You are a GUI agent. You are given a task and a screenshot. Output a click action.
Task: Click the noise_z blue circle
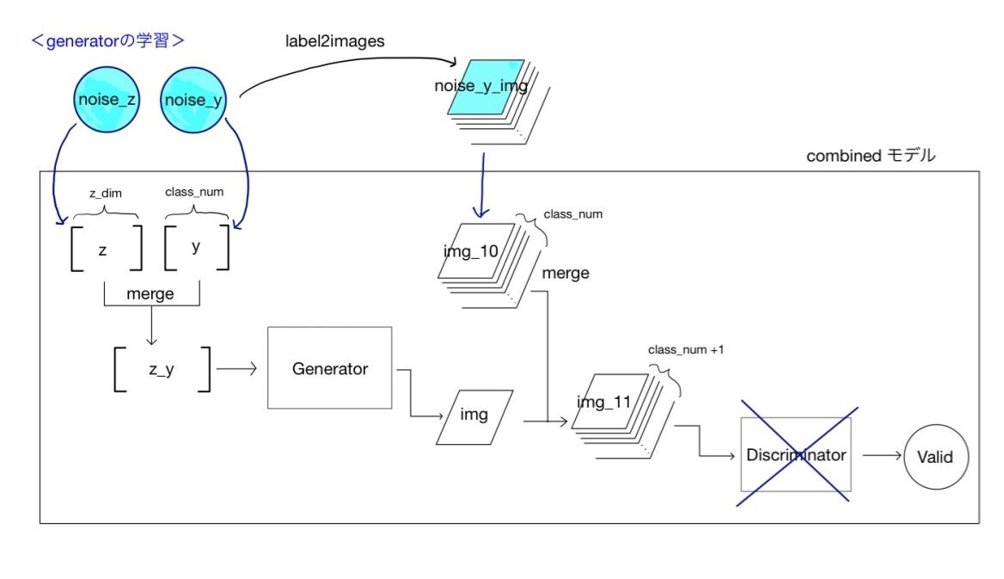(x=106, y=101)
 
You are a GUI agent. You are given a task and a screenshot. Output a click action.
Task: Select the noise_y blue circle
(x=193, y=101)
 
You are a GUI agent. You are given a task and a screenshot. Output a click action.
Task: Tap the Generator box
(x=330, y=368)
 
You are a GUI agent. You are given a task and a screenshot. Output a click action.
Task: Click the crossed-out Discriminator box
(x=795, y=454)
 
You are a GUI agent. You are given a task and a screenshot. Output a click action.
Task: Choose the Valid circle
(x=935, y=456)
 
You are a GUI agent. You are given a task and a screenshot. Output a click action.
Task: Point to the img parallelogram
(x=474, y=416)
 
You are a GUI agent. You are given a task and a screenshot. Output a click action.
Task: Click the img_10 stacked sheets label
(x=470, y=250)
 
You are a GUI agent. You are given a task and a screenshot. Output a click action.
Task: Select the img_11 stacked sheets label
(x=603, y=402)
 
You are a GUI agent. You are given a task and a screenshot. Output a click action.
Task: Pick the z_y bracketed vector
(x=162, y=370)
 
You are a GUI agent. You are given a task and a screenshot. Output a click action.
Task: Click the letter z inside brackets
(x=103, y=249)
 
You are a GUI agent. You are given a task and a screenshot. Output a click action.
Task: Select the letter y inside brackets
(x=196, y=247)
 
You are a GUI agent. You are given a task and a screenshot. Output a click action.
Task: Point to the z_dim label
(x=107, y=194)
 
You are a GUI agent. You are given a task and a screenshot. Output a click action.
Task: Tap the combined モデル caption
(x=870, y=156)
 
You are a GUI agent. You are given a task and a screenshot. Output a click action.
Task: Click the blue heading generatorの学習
(x=108, y=40)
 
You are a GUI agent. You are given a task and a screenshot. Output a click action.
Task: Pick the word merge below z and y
(x=150, y=293)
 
